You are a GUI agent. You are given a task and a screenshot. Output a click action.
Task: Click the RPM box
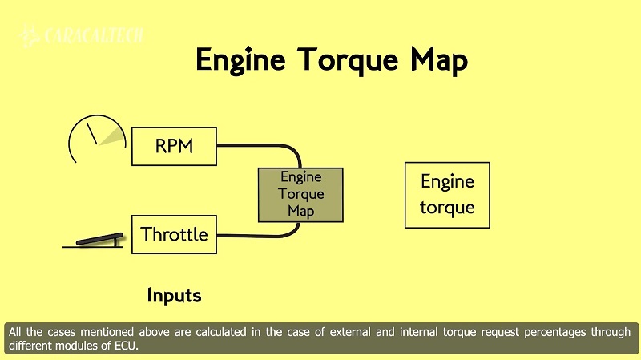tap(174, 146)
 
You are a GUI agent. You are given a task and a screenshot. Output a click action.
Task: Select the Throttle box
tap(174, 234)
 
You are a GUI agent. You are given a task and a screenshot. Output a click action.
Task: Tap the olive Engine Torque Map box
tap(300, 195)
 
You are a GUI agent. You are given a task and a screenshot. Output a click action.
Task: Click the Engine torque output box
tap(447, 195)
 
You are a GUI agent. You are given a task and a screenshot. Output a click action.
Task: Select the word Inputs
tap(174, 296)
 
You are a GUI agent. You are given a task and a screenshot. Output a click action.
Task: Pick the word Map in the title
tap(435, 61)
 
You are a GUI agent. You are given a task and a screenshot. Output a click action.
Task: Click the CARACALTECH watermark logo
tap(84, 36)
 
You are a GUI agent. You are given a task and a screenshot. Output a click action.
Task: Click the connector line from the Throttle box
tap(264, 235)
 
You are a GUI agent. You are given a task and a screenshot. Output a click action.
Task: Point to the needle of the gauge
tap(92, 131)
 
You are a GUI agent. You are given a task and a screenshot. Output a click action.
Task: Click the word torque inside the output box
tap(447, 207)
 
